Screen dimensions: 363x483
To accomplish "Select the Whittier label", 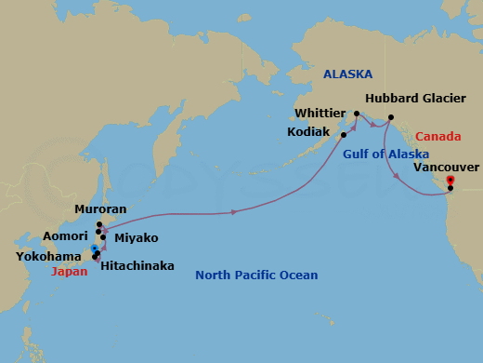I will [320, 113].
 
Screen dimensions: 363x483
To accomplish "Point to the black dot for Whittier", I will [357, 114].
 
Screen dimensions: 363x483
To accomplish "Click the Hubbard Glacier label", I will [409, 97].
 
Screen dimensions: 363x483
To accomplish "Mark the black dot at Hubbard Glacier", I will [391, 116].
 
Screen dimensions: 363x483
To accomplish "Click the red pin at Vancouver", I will [450, 180].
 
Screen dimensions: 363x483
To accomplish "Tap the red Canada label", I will [436, 134].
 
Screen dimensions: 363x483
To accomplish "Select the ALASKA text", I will [347, 74].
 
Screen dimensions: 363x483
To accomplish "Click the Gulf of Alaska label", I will [385, 154].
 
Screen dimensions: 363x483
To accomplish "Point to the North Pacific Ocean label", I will [256, 276].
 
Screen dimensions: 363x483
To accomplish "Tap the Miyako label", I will [136, 238].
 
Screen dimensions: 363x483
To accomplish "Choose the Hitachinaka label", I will [137, 266].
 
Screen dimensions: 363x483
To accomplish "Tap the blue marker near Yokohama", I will [95, 248].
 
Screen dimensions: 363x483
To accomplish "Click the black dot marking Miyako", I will [103, 237].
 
